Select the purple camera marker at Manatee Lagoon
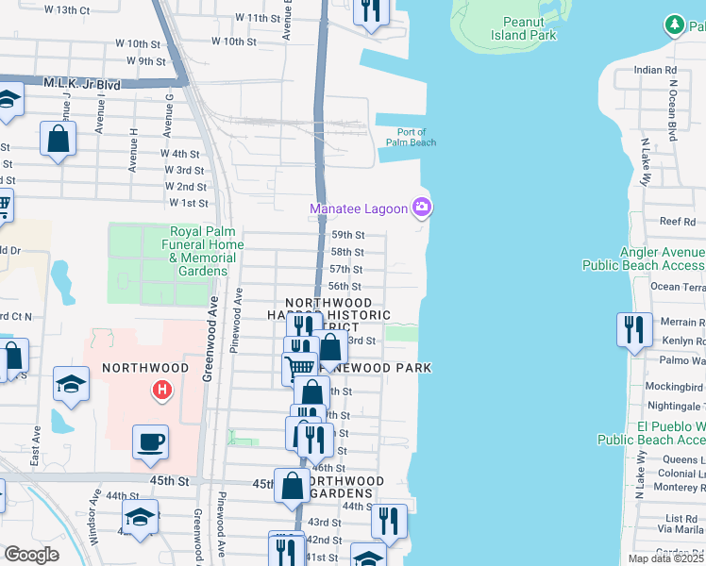[x=422, y=207]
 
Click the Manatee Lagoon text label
[x=359, y=208]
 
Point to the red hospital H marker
[x=162, y=389]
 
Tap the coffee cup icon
[x=150, y=441]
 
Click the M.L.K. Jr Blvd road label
[x=81, y=84]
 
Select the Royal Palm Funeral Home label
[x=204, y=251]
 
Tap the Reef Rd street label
[x=678, y=222]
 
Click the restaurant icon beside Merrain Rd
[x=632, y=329]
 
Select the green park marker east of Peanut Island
[x=675, y=24]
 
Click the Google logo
[x=31, y=554]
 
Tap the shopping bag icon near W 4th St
[x=59, y=139]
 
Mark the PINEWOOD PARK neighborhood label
[x=376, y=367]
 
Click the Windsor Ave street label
[x=94, y=514]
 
